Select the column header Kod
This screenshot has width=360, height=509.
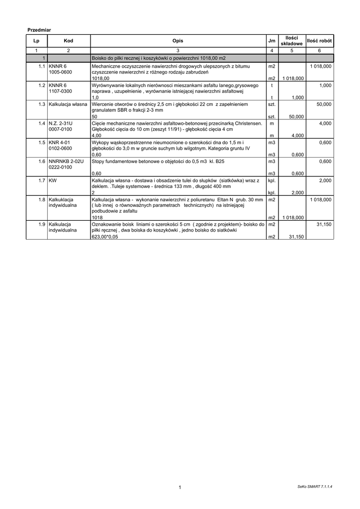coord(68,41)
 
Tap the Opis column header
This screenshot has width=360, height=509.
coord(178,41)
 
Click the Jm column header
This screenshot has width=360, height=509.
coord(271,41)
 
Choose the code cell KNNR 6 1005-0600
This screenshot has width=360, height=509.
coord(61,69)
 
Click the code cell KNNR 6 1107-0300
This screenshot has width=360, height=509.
coord(61,88)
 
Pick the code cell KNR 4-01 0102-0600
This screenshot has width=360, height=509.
coord(60,145)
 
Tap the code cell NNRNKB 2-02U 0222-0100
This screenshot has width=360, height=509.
coord(66,165)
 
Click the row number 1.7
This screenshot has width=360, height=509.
coord(42,180)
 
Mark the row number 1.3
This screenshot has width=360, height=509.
coord(42,105)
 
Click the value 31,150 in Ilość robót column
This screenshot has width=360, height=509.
coord(324,224)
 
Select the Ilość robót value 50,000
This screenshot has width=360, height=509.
coord(324,105)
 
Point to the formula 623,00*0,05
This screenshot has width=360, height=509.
coord(105,237)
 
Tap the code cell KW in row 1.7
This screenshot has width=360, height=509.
coord(52,180)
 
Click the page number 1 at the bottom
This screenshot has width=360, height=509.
coord(180,487)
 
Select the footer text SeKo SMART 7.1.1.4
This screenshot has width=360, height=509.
coord(311,486)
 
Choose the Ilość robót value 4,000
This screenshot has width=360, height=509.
coord(326,123)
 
